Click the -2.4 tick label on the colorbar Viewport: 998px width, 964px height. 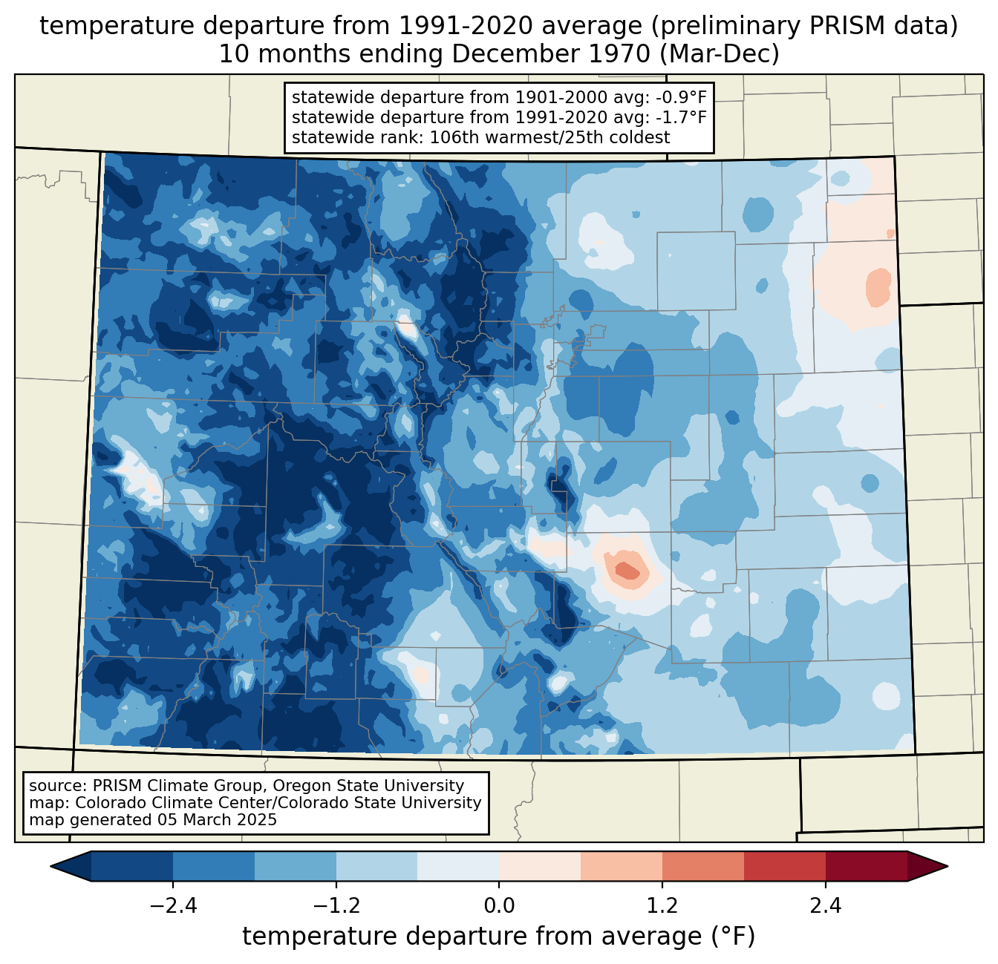coord(173,905)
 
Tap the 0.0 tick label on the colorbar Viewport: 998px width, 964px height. coord(499,905)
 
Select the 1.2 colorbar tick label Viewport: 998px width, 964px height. coord(662,905)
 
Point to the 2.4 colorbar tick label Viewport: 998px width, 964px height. coord(826,905)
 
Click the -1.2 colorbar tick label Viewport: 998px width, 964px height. coord(336,905)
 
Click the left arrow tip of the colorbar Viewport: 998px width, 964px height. coord(50,867)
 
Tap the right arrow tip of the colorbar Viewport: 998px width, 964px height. coord(948,867)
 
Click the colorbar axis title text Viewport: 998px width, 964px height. coord(499,937)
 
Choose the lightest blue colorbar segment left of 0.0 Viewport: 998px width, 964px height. coord(458,867)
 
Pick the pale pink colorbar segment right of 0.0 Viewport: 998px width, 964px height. coord(540,867)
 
